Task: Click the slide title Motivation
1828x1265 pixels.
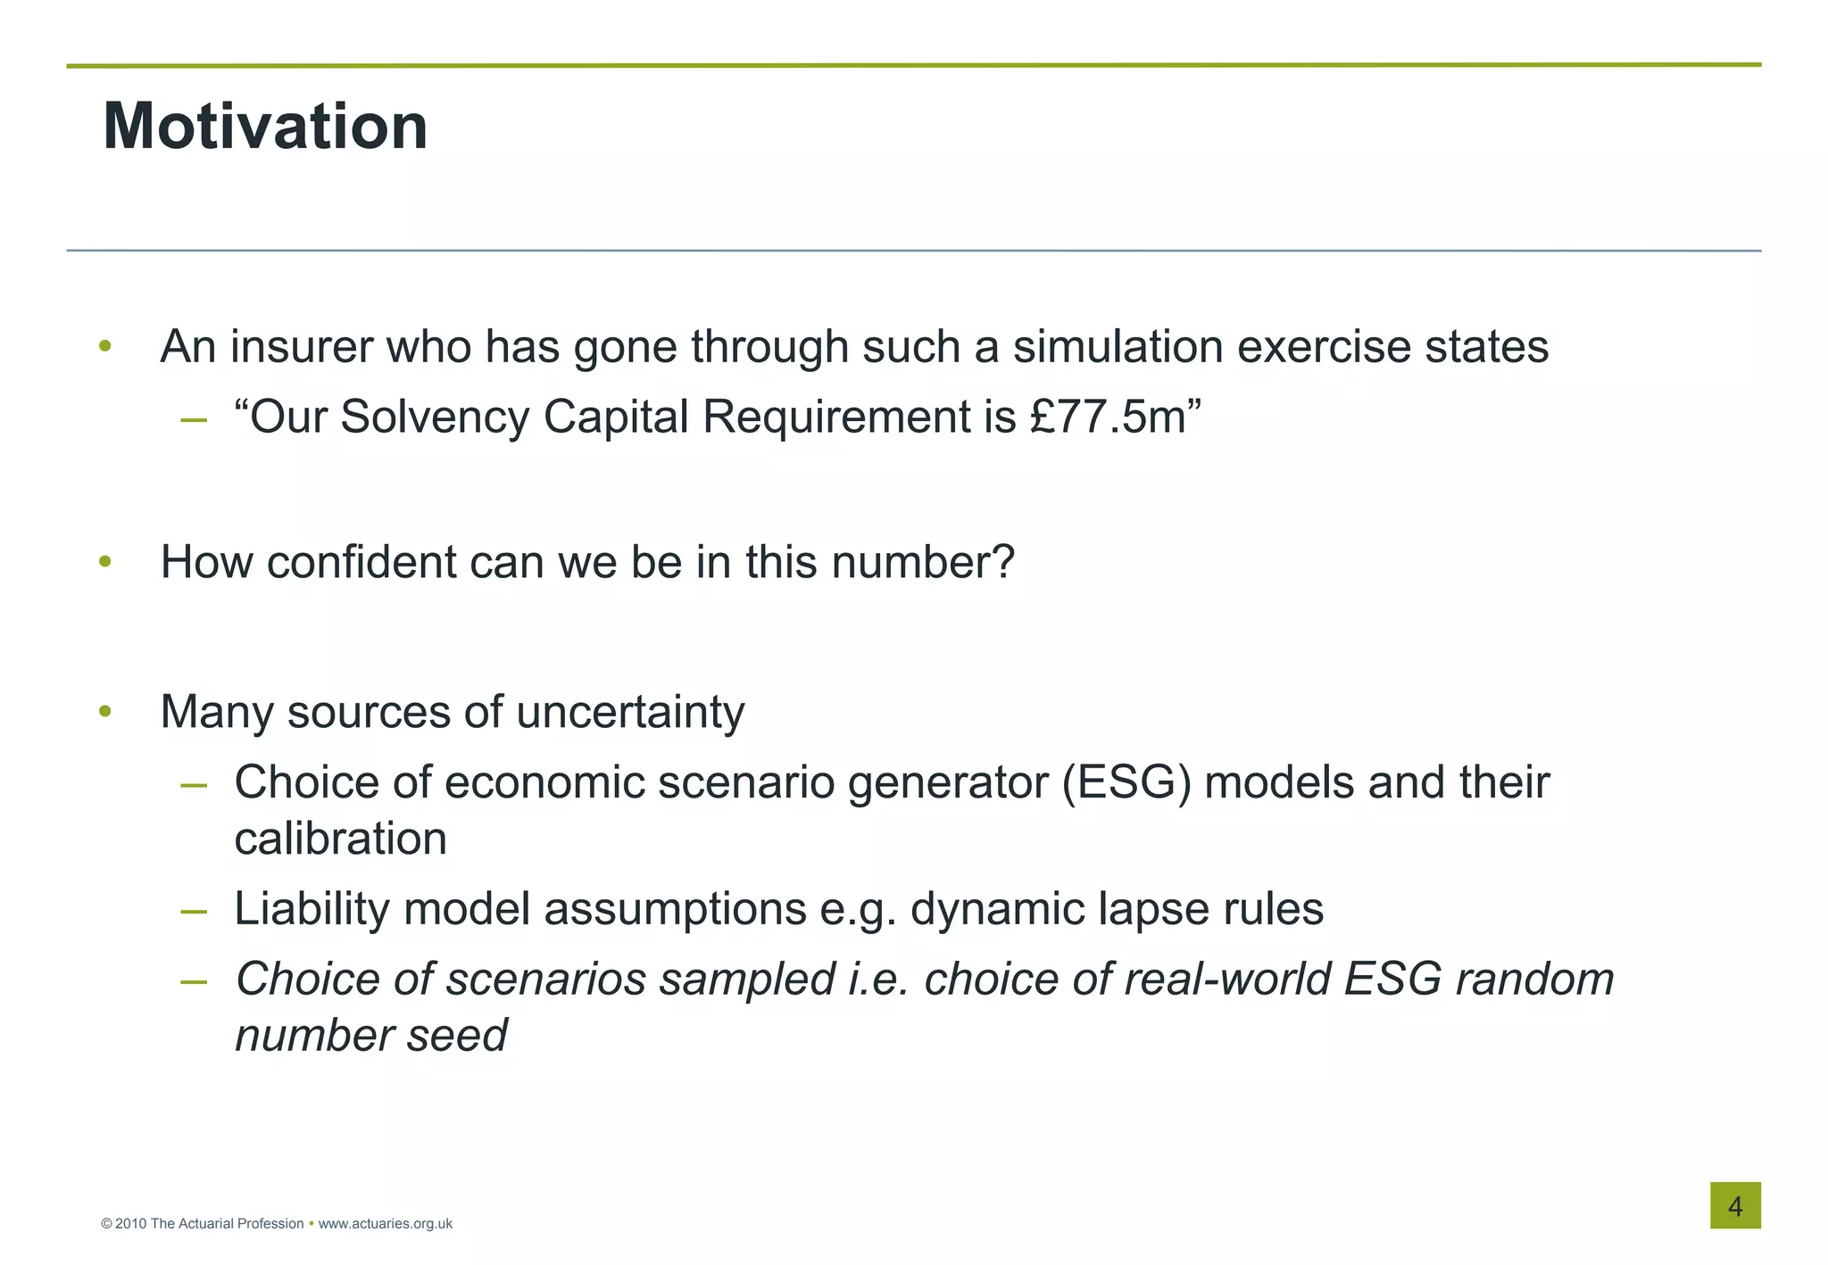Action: [265, 127]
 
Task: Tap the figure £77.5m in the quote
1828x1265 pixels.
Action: [1107, 418]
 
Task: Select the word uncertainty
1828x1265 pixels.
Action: [630, 712]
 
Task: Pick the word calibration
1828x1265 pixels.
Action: [340, 839]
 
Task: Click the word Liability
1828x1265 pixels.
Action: [312, 909]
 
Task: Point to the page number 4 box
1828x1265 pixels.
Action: [1734, 1206]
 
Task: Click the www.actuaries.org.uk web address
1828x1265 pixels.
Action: [385, 1224]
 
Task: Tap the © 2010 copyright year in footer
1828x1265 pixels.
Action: [124, 1224]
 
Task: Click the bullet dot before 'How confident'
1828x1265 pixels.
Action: [105, 562]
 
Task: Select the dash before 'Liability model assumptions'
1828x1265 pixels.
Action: [194, 912]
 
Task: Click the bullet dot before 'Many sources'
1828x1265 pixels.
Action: [105, 712]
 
